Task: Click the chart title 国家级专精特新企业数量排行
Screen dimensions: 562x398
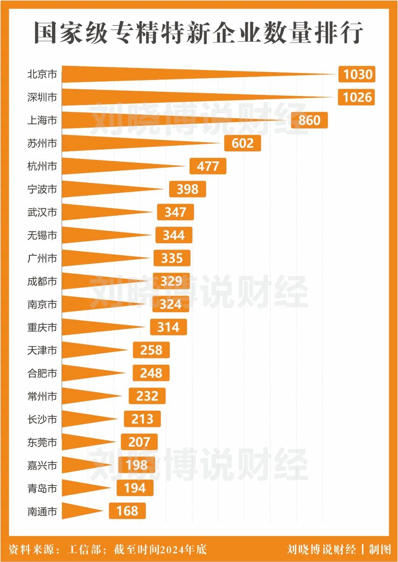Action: coord(199,32)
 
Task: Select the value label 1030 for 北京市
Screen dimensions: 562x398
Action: coord(357,74)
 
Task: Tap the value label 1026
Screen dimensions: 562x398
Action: coord(356,97)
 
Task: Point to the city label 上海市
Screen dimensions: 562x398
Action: coord(42,120)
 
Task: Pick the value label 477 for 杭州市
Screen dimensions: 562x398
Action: coord(208,166)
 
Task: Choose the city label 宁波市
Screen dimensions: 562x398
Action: coord(42,189)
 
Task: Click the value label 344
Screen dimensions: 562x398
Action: coord(174,235)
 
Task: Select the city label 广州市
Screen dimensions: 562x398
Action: coord(42,258)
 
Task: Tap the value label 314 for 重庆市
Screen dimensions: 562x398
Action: coord(168,327)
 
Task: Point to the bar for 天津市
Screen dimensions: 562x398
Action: coord(85,350)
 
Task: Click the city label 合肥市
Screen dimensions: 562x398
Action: coord(42,373)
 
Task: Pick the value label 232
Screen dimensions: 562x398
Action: coord(147,396)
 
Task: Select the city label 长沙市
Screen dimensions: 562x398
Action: coord(42,419)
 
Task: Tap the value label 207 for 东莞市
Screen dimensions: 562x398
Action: coord(139,442)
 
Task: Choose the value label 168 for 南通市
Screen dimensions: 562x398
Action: coord(127,511)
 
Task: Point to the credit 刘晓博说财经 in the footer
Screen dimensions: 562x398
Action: coord(321,549)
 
